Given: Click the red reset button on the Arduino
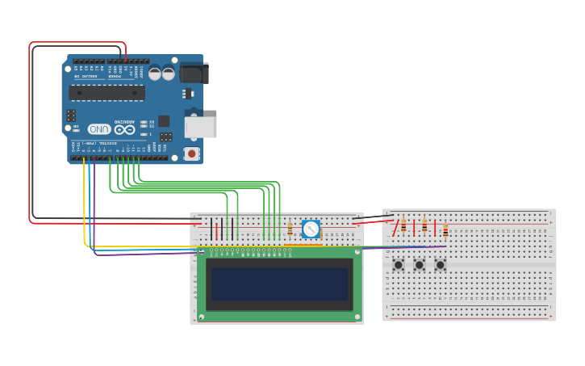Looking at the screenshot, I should pos(191,153).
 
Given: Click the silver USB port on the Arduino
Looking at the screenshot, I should pos(200,127).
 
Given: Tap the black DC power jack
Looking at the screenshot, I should pos(194,74).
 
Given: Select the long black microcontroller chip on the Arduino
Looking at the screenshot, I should pos(107,93).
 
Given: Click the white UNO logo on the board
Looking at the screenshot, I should pos(98,129).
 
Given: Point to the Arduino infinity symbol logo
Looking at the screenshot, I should pos(124,129).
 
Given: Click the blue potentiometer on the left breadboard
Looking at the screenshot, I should pos(311,229).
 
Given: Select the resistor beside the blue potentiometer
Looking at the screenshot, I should pos(290,230).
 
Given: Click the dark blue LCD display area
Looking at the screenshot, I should pos(278,284).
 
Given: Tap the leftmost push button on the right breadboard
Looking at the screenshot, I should pos(399,265).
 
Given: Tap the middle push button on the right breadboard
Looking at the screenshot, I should pos(420,265).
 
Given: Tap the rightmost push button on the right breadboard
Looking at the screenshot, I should pos(441,265).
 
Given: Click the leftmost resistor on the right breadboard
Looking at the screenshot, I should pos(403,226).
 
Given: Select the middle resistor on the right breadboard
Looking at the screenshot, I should pos(424,226).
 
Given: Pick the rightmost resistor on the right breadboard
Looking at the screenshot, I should pos(445,231).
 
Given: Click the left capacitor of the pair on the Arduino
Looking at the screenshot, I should pos(155,73).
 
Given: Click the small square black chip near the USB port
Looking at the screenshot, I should pos(164,120).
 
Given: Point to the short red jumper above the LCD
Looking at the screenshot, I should pos(216,229).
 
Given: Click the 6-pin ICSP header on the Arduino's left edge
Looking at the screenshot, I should pos(71,116).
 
